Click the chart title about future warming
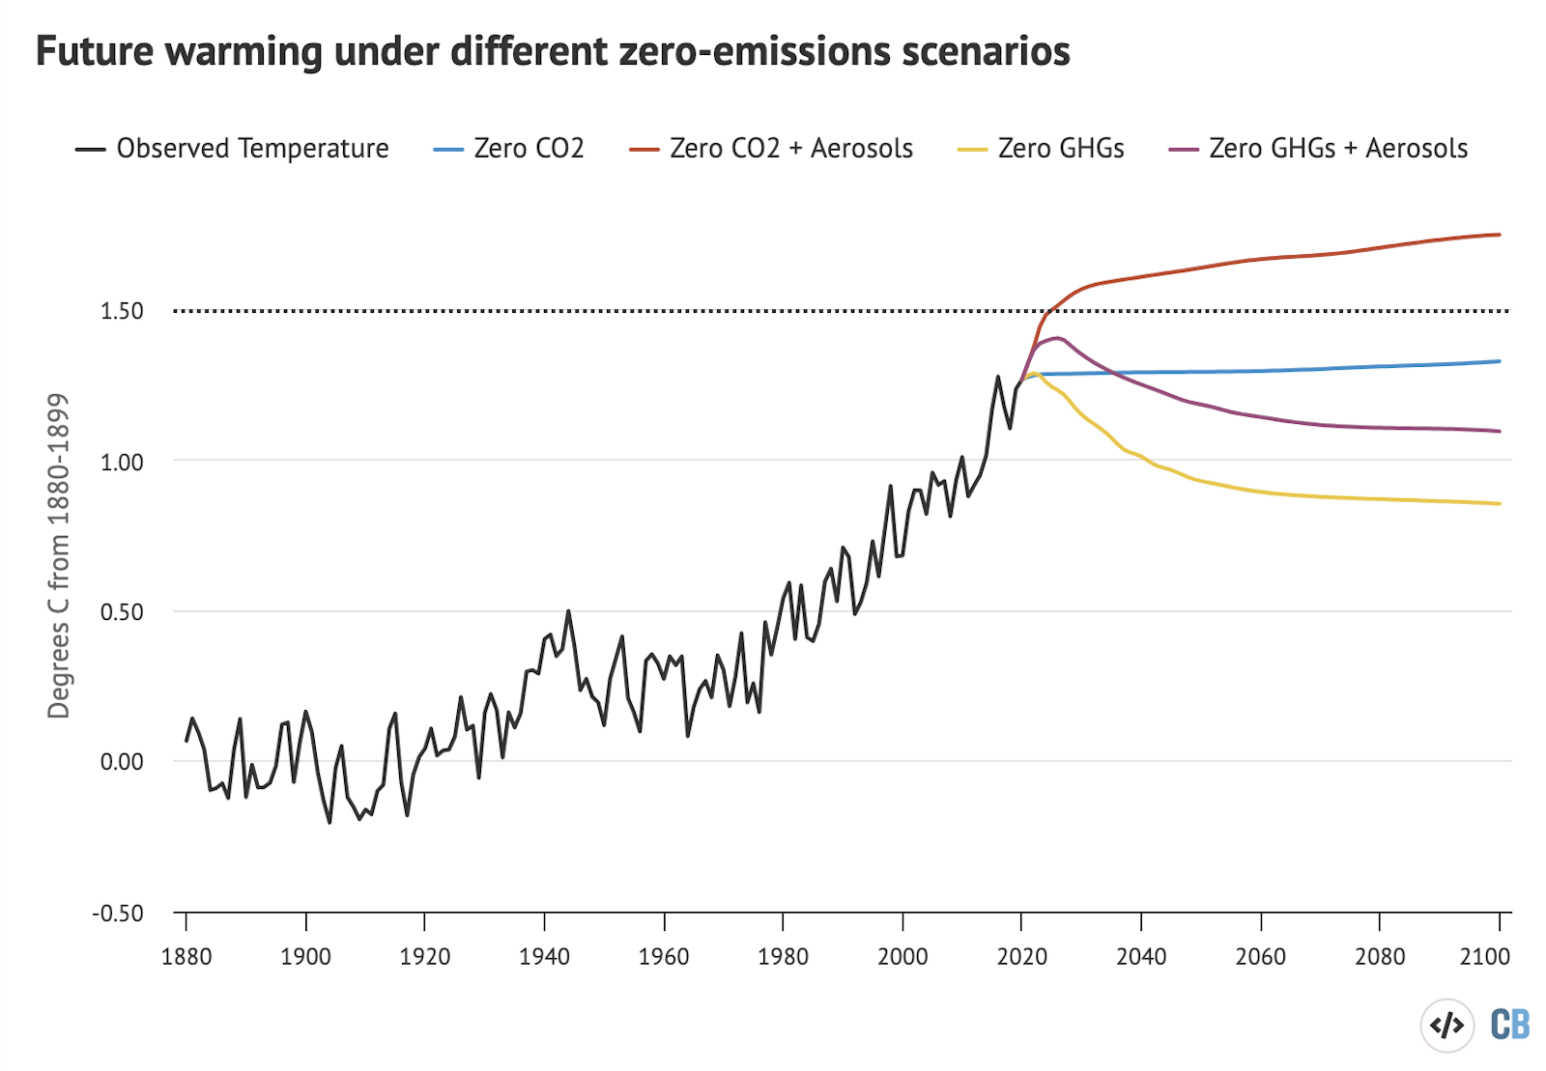pyautogui.click(x=553, y=51)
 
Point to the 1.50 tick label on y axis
pyautogui.click(x=122, y=311)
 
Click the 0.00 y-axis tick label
pyautogui.click(x=122, y=762)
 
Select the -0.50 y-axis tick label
pyautogui.click(x=118, y=914)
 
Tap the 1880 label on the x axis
pyautogui.click(x=186, y=957)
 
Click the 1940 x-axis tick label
pyautogui.click(x=544, y=957)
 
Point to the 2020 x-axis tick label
pyautogui.click(x=1021, y=957)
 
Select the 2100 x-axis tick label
pyautogui.click(x=1485, y=957)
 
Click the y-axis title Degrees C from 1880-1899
pyautogui.click(x=59, y=555)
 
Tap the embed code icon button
pyautogui.click(x=1446, y=1025)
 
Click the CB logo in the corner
pyautogui.click(x=1509, y=1025)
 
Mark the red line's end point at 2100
pyautogui.click(x=1499, y=235)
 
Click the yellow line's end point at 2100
pyautogui.click(x=1499, y=503)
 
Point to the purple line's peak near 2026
pyautogui.click(x=1057, y=338)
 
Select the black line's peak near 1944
pyautogui.click(x=568, y=611)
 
